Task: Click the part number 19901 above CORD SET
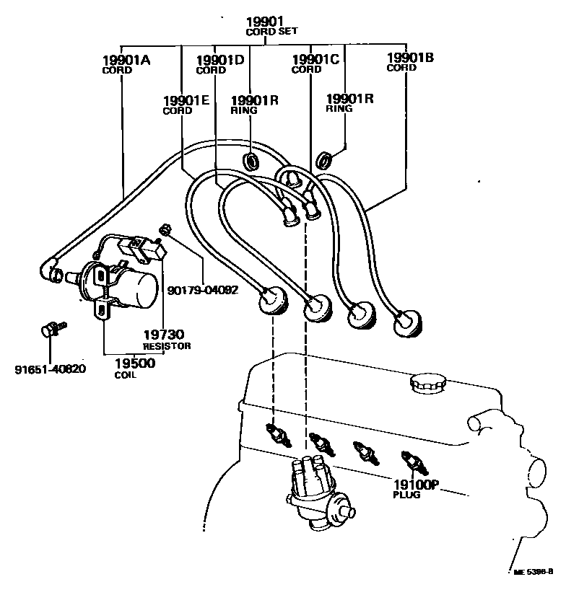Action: coord(266,22)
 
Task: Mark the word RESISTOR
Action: coord(167,346)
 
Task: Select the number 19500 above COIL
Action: coord(135,363)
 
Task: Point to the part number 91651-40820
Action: coord(50,370)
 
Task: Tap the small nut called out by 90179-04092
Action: coord(165,230)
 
